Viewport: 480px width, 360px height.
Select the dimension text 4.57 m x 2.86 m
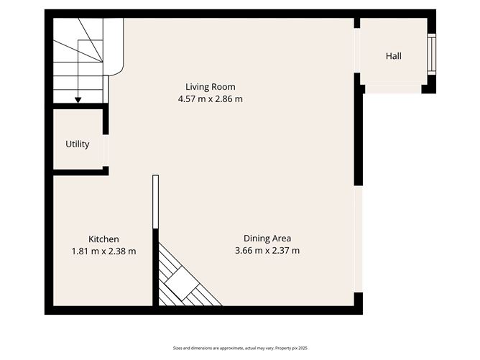pos(210,99)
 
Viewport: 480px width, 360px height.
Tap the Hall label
pos(393,56)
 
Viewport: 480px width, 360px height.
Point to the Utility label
pos(78,144)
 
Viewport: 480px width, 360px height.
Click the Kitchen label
pos(103,239)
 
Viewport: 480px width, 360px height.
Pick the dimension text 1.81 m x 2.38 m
pos(103,251)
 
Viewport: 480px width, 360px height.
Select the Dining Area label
pos(267,238)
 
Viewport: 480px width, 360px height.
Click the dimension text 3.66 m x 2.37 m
pos(267,251)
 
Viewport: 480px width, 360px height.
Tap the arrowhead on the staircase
pos(78,100)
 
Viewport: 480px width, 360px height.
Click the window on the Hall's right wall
pos(430,54)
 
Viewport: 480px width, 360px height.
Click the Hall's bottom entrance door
pos(392,89)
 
